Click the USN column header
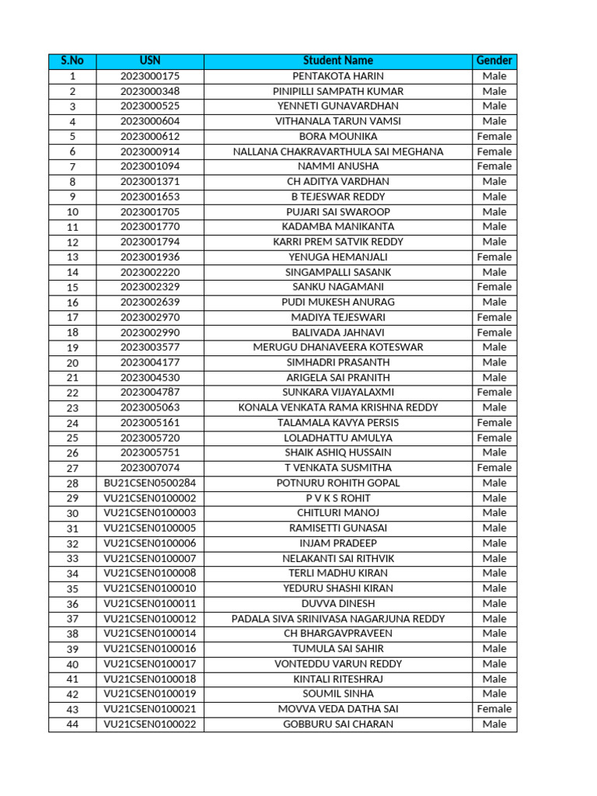tap(150, 61)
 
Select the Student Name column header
tap(338, 61)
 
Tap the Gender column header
tap(494, 61)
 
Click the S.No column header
tap(72, 61)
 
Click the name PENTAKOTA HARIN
tap(338, 76)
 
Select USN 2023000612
tap(150, 136)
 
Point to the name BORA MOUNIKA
tap(338, 136)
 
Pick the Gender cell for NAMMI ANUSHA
tap(494, 166)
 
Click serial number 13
tap(72, 257)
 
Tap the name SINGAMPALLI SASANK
tap(338, 272)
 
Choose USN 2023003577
tap(150, 347)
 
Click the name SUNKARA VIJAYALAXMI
tap(338, 393)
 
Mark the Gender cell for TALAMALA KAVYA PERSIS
tap(494, 423)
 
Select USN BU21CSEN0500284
tap(150, 483)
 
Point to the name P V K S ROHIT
tap(338, 498)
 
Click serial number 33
tap(72, 558)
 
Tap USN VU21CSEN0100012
tap(150, 619)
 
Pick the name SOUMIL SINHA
tap(338, 693)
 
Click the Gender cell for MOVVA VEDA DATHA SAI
tap(494, 709)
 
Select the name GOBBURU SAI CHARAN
tap(338, 724)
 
